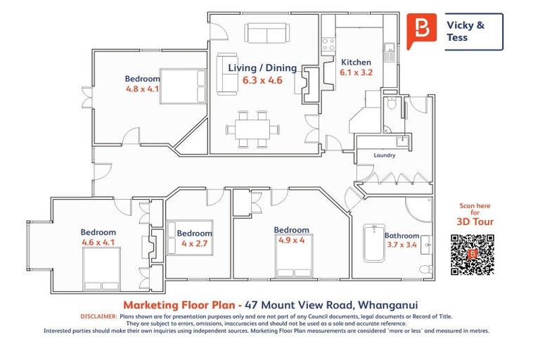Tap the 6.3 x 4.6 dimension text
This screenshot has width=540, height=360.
click(262, 80)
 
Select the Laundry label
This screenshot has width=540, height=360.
click(384, 155)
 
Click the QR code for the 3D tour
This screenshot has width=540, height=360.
click(472, 254)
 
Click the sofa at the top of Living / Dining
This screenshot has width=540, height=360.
click(266, 33)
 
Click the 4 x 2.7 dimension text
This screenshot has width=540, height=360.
click(194, 243)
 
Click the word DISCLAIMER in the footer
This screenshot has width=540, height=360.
click(79, 317)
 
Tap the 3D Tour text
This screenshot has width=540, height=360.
click(475, 221)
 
